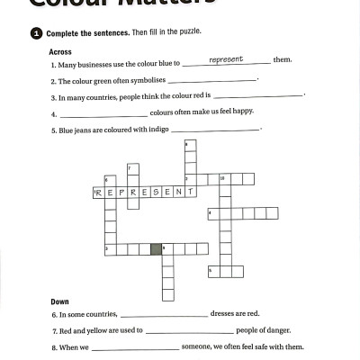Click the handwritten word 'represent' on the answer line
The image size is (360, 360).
226,59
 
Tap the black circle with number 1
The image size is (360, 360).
36,32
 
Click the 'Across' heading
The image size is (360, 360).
62,51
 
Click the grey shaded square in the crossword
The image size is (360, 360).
157,247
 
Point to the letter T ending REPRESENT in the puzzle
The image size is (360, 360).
190,191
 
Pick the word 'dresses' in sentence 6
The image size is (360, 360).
226,313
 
